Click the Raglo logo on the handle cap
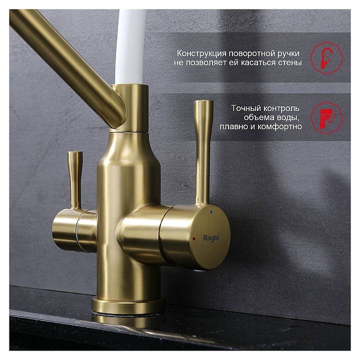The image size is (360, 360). click(211, 237)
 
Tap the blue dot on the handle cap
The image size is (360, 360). click(211, 212)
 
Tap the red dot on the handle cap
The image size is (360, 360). click(194, 239)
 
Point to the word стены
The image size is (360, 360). click(290, 62)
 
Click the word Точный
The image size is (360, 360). click(246, 108)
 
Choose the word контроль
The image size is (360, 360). click(281, 108)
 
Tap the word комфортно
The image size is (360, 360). click(279, 126)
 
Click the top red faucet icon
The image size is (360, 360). click(326, 58)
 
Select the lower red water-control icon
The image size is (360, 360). click(326, 118)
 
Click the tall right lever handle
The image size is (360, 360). click(203, 152)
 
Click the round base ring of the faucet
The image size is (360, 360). click(128, 305)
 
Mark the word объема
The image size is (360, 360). click(258, 117)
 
